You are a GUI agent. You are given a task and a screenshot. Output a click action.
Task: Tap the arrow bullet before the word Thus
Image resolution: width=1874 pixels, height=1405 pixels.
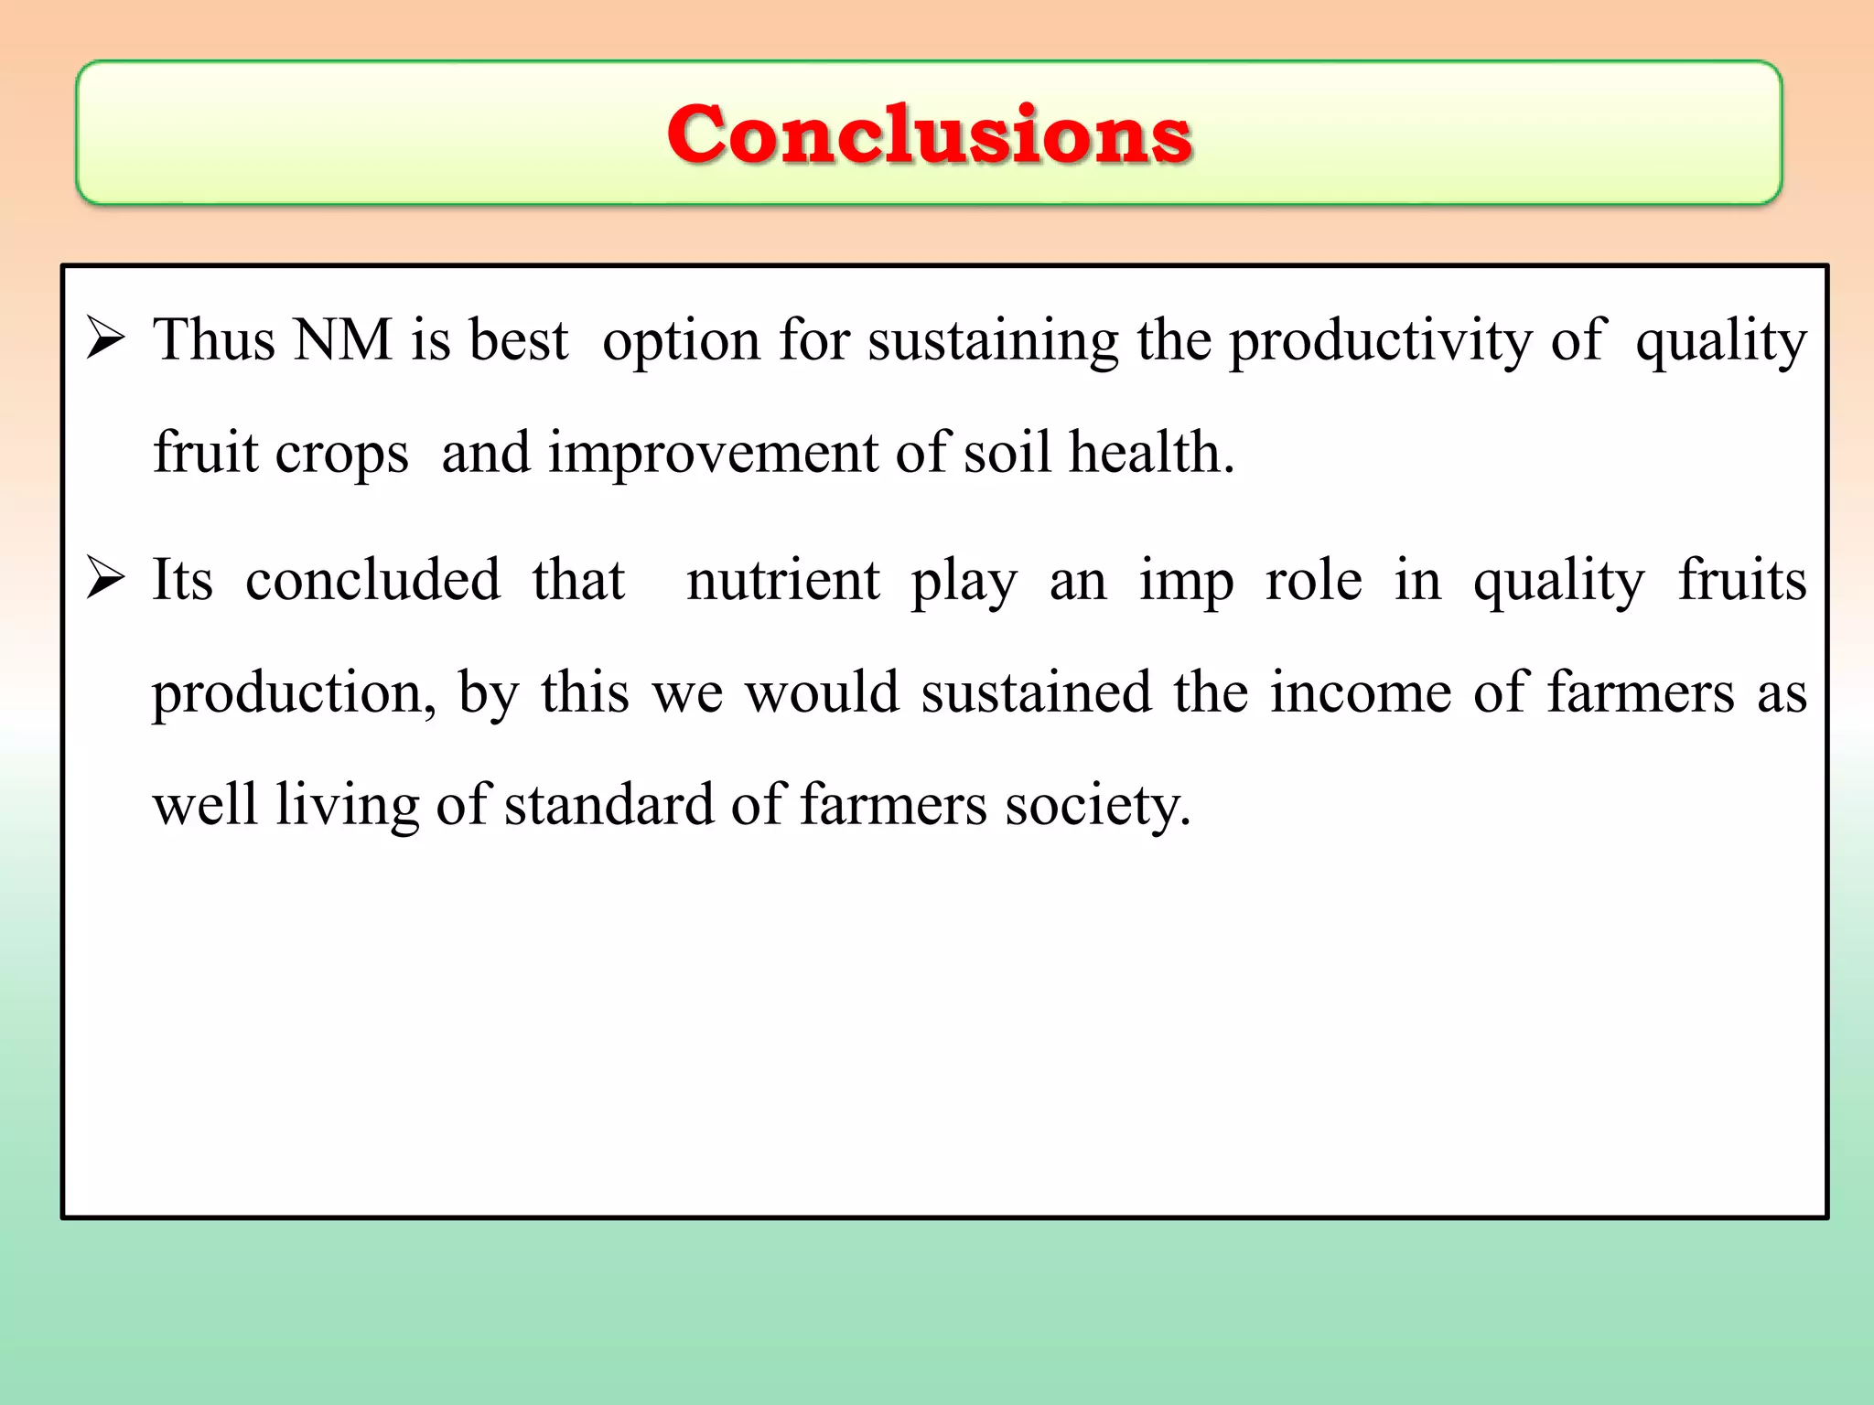pyautogui.click(x=105, y=339)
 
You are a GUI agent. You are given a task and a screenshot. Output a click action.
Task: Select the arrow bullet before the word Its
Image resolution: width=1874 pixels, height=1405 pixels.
pyautogui.click(x=105, y=579)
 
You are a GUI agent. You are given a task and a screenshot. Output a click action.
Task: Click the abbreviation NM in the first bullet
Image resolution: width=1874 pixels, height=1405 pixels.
pyautogui.click(x=343, y=340)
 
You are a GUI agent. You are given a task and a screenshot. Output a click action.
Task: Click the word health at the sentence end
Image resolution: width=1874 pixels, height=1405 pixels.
pyautogui.click(x=1149, y=452)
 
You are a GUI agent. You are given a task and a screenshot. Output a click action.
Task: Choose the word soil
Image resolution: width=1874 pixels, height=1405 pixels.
pyautogui.click(x=1007, y=452)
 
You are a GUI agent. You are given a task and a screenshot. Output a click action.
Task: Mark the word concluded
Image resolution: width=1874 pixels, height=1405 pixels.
pyautogui.click(x=372, y=580)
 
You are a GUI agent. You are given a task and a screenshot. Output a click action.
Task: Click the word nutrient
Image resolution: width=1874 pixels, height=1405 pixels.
pyautogui.click(x=782, y=581)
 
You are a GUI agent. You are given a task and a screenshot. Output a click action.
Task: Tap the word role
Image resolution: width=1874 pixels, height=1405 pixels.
pyautogui.click(x=1313, y=581)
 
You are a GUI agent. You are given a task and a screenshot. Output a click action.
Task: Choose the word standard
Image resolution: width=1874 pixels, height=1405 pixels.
pyautogui.click(x=609, y=805)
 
